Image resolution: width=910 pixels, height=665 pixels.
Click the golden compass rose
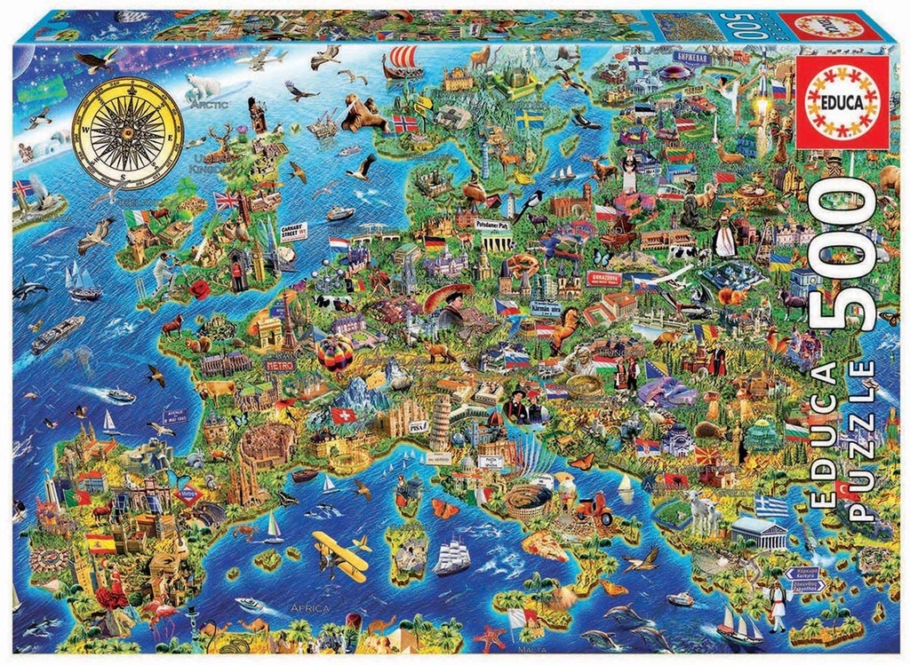point(124,136)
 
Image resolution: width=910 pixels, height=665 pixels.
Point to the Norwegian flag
point(404,123)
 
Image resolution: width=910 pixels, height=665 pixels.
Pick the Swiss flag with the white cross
point(343,415)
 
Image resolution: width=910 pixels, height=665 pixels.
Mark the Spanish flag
point(101,542)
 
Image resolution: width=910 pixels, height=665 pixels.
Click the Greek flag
point(771,506)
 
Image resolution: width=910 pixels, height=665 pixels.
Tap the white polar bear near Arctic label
point(203,86)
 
